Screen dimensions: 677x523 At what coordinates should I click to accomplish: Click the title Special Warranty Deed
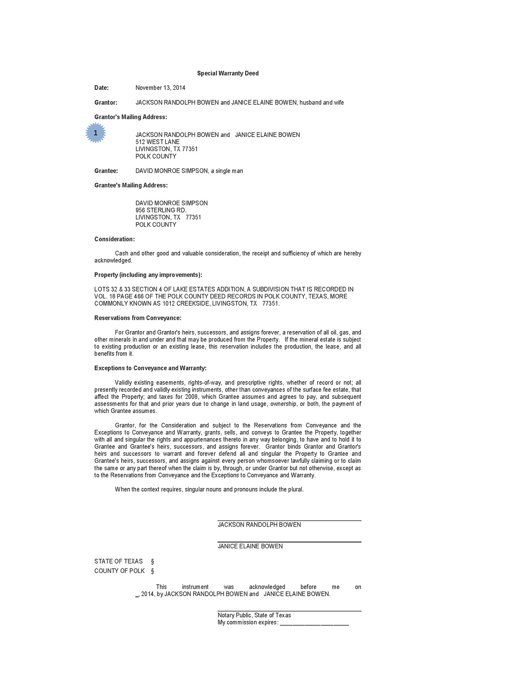228,73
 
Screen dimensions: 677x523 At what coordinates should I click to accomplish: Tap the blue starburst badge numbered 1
96,133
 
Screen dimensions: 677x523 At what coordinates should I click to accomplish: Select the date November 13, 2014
160,88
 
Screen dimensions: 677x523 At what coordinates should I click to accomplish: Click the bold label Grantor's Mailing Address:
131,117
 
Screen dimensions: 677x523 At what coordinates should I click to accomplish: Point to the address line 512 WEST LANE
157,142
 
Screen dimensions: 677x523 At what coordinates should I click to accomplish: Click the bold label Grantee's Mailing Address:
131,185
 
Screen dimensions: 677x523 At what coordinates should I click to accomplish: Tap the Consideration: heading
114,239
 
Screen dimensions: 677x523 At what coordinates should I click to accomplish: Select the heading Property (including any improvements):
148,275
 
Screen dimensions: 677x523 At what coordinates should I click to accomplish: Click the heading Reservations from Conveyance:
138,318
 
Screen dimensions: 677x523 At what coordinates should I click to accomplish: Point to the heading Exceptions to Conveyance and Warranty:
150,368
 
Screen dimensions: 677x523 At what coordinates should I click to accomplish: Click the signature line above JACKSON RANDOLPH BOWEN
289,521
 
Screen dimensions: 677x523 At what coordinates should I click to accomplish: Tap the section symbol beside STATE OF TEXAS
152,562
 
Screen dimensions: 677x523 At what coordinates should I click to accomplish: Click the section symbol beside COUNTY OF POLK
152,571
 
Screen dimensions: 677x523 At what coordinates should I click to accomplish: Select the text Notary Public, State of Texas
254,615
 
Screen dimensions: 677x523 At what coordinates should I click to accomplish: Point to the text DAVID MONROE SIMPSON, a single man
189,171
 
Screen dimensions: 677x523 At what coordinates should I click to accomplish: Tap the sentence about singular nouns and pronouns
209,490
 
